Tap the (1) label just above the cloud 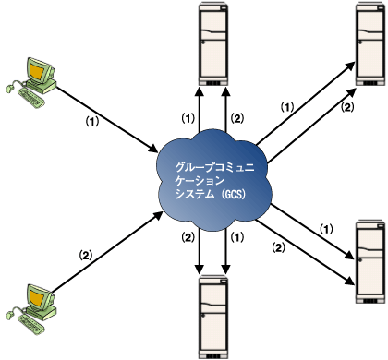point(188,118)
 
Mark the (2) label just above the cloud point(236,118)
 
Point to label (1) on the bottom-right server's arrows point(324,227)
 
